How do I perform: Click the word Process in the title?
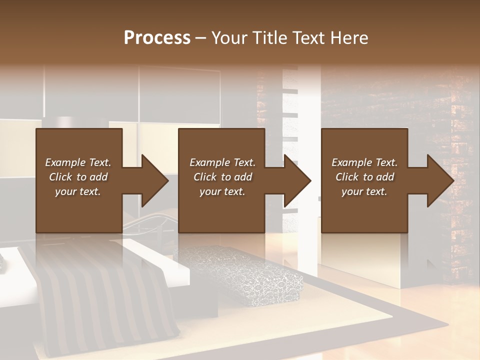(x=157, y=38)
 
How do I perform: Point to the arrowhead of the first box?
(x=154, y=180)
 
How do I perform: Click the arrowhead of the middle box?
(x=297, y=180)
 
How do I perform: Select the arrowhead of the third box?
(x=440, y=180)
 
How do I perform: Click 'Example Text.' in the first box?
(x=78, y=162)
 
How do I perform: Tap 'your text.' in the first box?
(x=78, y=191)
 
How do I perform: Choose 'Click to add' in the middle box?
(x=222, y=177)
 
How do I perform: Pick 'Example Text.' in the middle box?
(x=222, y=162)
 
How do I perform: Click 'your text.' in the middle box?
(x=222, y=191)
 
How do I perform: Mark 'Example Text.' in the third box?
(x=364, y=162)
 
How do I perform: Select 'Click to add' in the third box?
(x=364, y=177)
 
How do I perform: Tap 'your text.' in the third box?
(x=364, y=191)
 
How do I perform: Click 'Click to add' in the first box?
(x=78, y=177)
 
